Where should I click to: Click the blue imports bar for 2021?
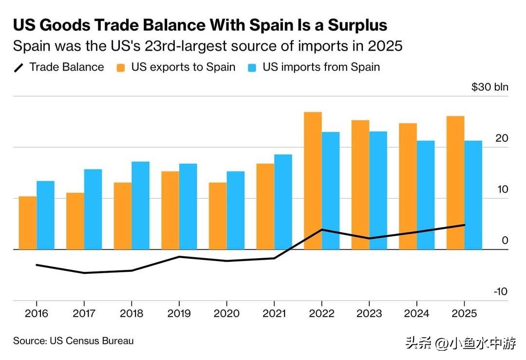[283, 201]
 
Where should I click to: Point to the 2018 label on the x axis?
[131, 313]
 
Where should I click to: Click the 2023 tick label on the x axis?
[370, 313]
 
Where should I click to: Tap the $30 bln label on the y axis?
[489, 87]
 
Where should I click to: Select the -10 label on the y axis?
[500, 291]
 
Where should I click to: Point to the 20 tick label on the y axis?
[501, 138]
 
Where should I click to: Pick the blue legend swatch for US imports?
[252, 67]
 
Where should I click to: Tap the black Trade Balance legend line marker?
[19, 67]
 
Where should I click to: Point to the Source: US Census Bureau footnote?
[73, 341]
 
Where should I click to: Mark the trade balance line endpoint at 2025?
[465, 225]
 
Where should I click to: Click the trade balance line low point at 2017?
[84, 273]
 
